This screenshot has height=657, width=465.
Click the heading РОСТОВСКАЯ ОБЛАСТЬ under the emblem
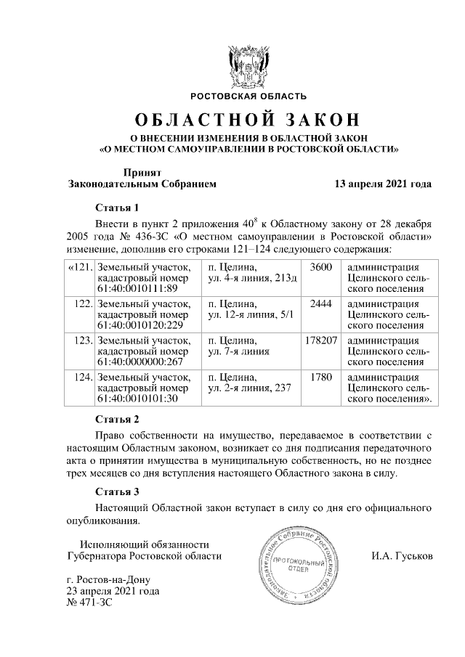coord(248,96)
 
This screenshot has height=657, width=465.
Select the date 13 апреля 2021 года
coord(383,184)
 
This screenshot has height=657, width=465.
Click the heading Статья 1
coord(117,207)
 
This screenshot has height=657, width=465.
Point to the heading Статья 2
coord(117,419)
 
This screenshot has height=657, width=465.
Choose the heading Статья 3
coord(117,491)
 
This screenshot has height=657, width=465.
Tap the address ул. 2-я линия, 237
coord(249,387)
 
